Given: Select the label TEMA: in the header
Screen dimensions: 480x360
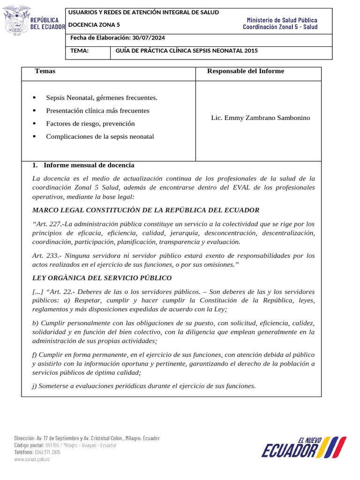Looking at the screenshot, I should pyautogui.click(x=80, y=51).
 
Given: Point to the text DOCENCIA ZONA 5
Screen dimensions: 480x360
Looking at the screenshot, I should pyautogui.click(x=95, y=25).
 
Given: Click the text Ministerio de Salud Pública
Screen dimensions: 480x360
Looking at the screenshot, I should pyautogui.click(x=282, y=20).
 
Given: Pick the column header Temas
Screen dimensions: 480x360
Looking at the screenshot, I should pyautogui.click(x=45, y=71).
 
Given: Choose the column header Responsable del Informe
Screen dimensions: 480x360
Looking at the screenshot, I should pyautogui.click(x=245, y=71).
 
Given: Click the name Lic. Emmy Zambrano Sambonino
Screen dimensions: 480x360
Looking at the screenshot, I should pyautogui.click(x=261, y=118).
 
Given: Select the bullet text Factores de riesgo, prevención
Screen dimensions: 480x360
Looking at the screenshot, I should pyautogui.click(x=90, y=124).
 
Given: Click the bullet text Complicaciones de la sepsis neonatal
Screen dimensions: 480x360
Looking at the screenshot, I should pyautogui.click(x=100, y=137).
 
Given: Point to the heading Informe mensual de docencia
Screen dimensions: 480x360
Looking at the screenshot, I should pyautogui.click(x=89, y=165).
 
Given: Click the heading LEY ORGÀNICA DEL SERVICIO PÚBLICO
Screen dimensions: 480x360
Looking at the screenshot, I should pyautogui.click(x=102, y=278).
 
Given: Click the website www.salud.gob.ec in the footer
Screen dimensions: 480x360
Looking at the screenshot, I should pyautogui.click(x=32, y=459).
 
